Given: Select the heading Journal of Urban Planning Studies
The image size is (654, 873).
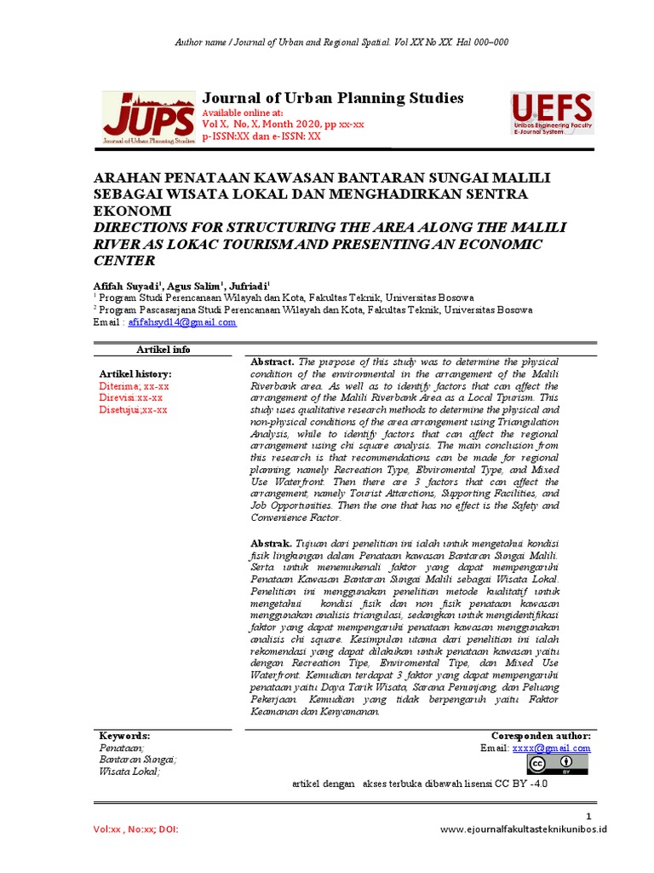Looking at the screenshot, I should coord(332,98).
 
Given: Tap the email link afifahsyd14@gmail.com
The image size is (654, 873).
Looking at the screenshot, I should coord(182,323).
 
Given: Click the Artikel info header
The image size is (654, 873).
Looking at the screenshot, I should coord(163,350).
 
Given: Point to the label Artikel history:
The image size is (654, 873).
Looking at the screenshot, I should coord(135,373).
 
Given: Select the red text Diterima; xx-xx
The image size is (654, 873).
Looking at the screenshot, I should coord(135,385).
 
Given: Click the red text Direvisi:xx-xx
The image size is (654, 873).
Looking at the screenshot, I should coord(131,397).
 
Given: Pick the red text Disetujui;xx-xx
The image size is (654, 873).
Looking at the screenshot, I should coord(133,409).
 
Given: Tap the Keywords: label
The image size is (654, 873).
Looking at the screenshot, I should coord(124,735).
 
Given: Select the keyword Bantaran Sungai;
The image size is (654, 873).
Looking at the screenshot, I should coord(137,759).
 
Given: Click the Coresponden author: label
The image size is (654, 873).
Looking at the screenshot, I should coord(541,735).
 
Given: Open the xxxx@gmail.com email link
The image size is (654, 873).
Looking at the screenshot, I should coord(551,748).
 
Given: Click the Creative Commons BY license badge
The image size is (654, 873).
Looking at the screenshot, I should coord(559,764).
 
